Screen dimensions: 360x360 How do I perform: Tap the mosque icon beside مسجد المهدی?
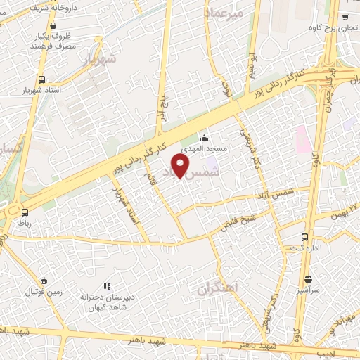pyautogui.click(x=205, y=138)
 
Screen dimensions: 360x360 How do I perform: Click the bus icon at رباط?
pyautogui.click(x=25, y=212)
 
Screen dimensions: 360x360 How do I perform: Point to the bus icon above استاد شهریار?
pyautogui.click(x=41, y=80)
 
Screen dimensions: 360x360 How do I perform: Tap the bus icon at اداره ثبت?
pyautogui.click(x=304, y=237)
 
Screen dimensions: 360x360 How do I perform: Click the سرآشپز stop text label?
pyautogui.click(x=308, y=269)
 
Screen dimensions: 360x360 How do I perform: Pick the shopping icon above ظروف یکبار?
pyautogui.click(x=53, y=25)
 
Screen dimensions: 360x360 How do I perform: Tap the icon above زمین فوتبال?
pyautogui.click(x=44, y=281)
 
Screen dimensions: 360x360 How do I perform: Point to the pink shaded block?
pyautogui.click(x=304, y=139)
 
